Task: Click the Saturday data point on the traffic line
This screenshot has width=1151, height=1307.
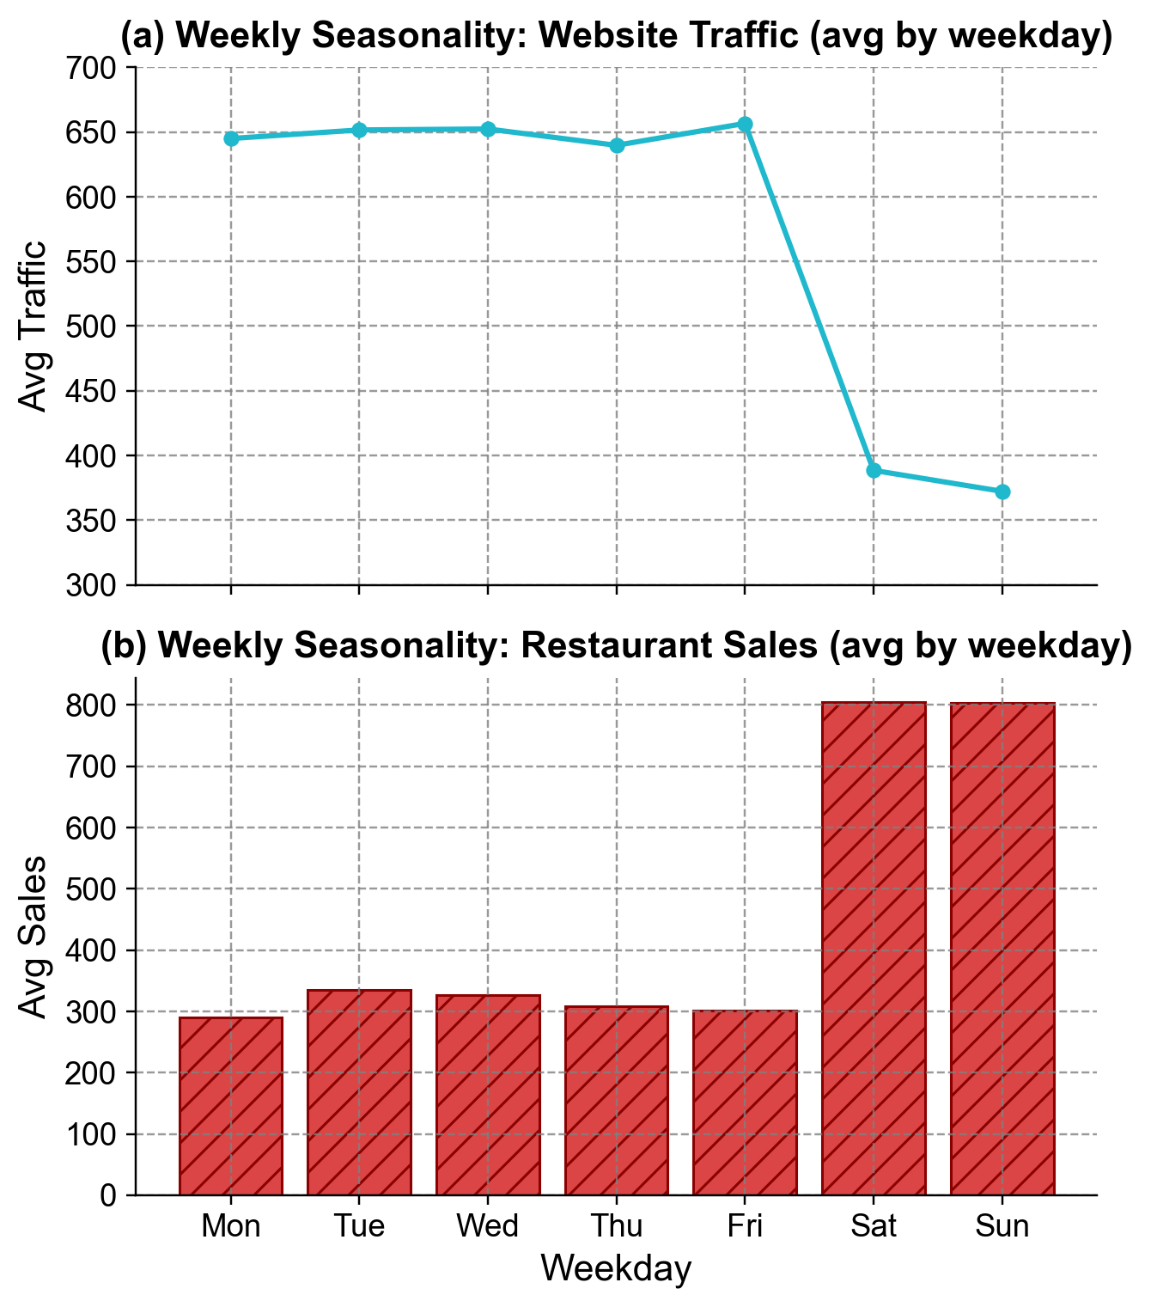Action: click(874, 471)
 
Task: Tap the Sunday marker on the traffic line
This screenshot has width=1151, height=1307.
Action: click(1002, 492)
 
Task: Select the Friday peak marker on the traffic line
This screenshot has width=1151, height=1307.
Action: click(745, 125)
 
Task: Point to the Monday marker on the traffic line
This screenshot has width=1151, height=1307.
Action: click(231, 138)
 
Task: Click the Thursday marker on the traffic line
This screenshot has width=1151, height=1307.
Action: click(617, 146)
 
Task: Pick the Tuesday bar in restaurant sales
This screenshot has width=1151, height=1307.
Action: click(359, 1092)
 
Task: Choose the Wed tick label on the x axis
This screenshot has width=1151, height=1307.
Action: click(488, 1226)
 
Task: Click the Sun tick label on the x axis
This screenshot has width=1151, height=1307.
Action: click(1002, 1226)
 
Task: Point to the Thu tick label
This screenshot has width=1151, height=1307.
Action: click(617, 1226)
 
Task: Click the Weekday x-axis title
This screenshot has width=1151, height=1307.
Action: click(616, 1269)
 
